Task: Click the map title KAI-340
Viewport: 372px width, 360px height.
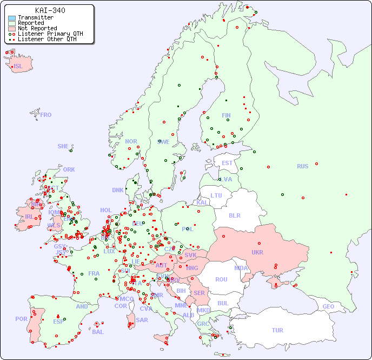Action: pos(50,10)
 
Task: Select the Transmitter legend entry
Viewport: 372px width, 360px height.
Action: pos(35,18)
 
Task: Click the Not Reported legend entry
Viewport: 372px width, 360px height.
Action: pos(37,28)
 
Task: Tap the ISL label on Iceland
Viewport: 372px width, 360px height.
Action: pos(18,67)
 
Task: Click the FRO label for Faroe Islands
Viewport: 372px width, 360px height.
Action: pos(46,115)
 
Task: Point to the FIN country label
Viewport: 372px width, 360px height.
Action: pos(226,115)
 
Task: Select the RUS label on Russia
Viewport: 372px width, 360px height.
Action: pos(302,166)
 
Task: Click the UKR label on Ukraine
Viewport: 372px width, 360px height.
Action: pos(257,252)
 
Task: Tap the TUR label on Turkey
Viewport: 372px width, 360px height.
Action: pos(277,330)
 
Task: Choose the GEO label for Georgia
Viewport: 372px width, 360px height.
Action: pos(328,306)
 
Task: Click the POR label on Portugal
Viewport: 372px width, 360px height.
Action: pos(21,319)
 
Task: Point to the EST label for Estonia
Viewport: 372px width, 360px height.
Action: pos(227,163)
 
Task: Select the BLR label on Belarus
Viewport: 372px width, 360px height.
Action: pos(235,215)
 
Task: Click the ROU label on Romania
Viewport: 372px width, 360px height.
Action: pos(221,279)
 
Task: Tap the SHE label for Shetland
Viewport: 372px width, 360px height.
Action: pos(63,146)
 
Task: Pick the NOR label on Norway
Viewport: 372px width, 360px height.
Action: pos(131,141)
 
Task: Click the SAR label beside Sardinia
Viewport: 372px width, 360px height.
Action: pos(142,320)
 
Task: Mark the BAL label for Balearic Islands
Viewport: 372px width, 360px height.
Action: pos(98,332)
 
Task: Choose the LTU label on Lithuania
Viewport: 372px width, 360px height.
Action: pos(216,195)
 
